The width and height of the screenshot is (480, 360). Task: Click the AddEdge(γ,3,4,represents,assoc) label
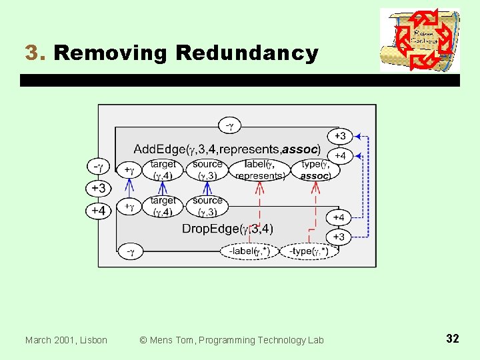pos(227,149)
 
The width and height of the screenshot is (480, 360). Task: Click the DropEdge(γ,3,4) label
pos(227,229)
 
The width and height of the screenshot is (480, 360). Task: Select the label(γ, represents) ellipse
pos(260,169)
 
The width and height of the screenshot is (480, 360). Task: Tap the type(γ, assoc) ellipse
pos(315,169)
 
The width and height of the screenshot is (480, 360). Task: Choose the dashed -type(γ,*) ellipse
pos(309,251)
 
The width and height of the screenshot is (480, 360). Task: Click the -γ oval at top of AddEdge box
pos(229,125)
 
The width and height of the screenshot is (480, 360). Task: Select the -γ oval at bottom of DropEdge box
pos(131,251)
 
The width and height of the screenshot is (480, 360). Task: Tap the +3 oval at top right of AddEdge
pos(339,136)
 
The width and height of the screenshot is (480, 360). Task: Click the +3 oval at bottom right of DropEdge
pos(339,237)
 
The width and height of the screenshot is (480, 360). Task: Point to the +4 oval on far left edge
pos(98,211)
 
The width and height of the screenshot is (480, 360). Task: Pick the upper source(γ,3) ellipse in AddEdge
pos(207,169)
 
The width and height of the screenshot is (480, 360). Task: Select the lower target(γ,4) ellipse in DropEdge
pos(163,206)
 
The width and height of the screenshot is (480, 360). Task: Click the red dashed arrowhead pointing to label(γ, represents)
pos(259,185)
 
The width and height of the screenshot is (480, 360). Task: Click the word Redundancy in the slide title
pos(243,53)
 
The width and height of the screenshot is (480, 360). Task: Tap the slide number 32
pos(452,339)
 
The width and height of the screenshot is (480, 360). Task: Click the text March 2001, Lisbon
pos(66,340)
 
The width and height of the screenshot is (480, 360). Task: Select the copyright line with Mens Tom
pos(231,340)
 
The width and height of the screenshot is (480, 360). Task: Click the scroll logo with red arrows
pos(419,40)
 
